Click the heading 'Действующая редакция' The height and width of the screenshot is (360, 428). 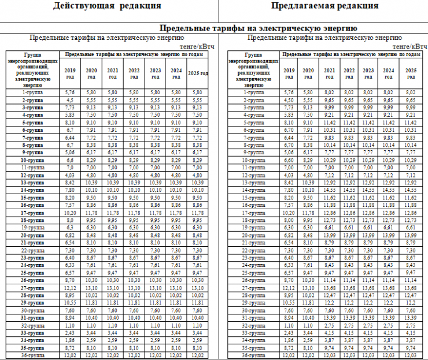107,6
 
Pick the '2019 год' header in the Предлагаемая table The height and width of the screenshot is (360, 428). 288,73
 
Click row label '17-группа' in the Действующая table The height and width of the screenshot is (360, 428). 32,212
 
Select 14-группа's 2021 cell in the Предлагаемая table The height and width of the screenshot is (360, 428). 329,190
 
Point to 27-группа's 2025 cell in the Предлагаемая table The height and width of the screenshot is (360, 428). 410,287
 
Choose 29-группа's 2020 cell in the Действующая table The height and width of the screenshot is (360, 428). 91,302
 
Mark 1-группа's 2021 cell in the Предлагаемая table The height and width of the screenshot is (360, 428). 329,92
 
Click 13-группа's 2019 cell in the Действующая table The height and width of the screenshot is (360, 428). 70,182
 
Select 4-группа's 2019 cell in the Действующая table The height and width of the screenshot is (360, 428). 70,114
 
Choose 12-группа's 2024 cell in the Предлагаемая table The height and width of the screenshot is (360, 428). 388,175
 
